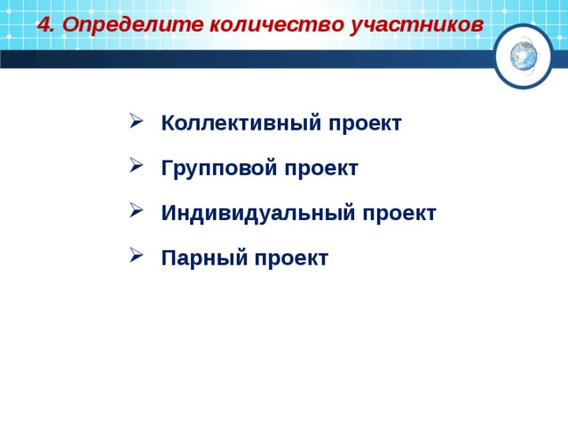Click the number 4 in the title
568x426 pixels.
[43, 25]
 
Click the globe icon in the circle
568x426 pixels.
[523, 56]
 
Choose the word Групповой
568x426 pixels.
[209, 168]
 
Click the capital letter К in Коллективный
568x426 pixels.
[168, 123]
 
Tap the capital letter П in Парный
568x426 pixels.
[168, 257]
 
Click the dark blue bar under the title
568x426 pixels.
[240, 59]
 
